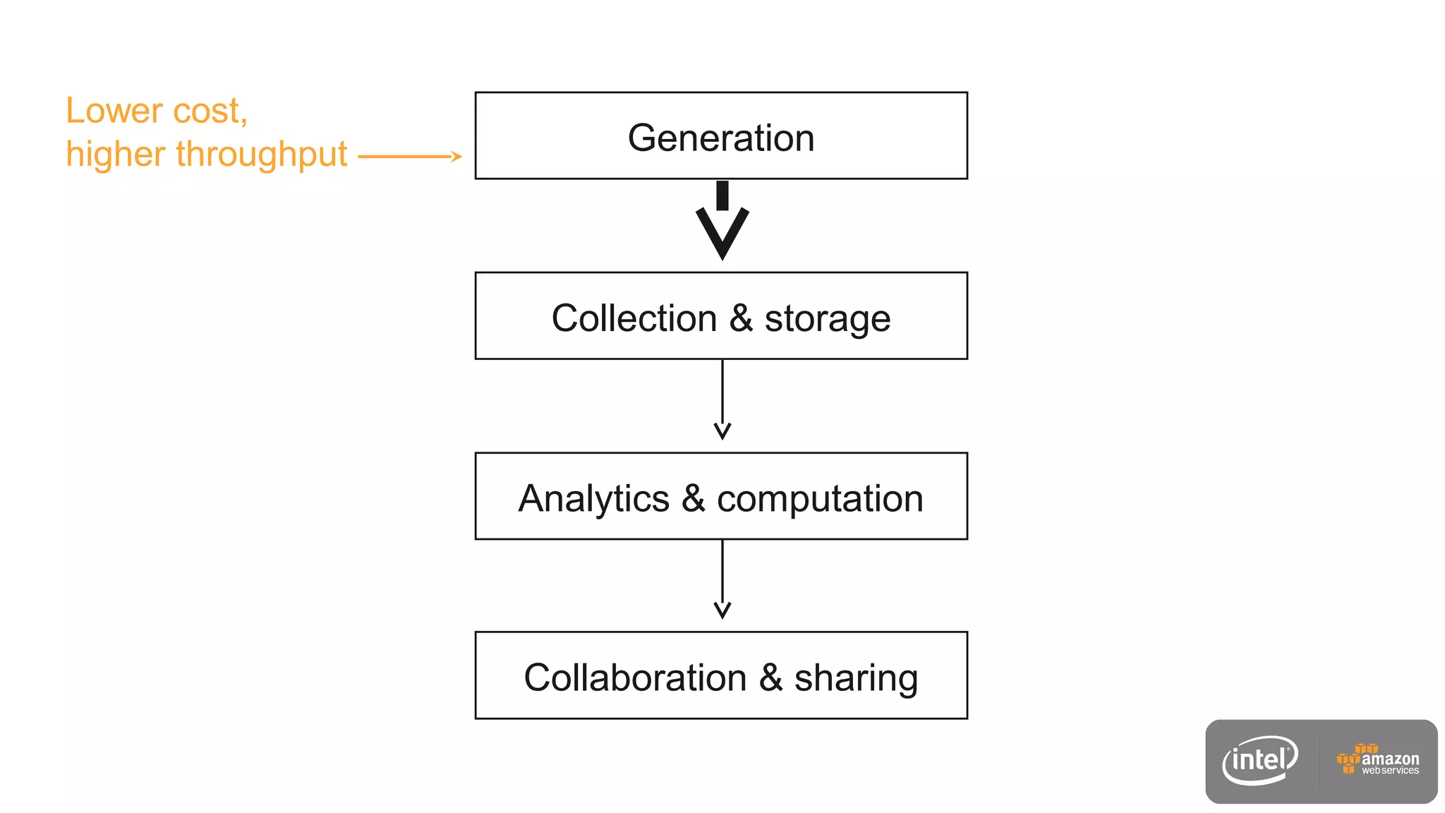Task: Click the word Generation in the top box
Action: point(721,138)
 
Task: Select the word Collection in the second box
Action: point(634,318)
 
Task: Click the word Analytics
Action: point(593,499)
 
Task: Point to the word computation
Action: point(820,500)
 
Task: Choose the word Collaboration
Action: point(635,678)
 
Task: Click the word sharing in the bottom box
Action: point(856,679)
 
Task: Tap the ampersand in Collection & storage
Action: point(741,318)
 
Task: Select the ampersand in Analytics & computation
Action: point(693,498)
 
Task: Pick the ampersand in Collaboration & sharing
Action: point(770,677)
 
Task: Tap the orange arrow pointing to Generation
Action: point(409,156)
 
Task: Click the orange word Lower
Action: point(114,111)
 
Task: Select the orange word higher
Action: point(115,155)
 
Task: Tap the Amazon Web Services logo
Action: point(1378,760)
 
